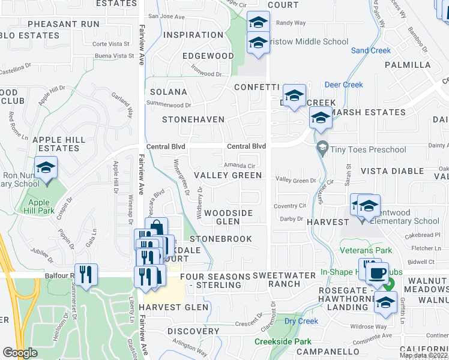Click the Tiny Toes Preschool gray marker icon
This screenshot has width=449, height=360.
click(322, 146)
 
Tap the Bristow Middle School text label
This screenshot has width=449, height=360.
click(309, 42)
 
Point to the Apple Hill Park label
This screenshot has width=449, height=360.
click(39, 206)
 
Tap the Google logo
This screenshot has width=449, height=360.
click(20, 353)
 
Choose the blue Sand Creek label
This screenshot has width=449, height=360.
click(370, 51)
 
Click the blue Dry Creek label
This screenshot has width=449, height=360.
click(301, 321)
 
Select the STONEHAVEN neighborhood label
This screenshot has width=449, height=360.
click(193, 120)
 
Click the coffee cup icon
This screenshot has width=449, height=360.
click(377, 274)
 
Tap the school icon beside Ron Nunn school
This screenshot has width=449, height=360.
click(46, 168)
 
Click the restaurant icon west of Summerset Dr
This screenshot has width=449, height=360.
click(86, 275)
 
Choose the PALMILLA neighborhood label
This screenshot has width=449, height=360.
click(408, 65)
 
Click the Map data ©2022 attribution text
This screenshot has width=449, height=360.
click(424, 355)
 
